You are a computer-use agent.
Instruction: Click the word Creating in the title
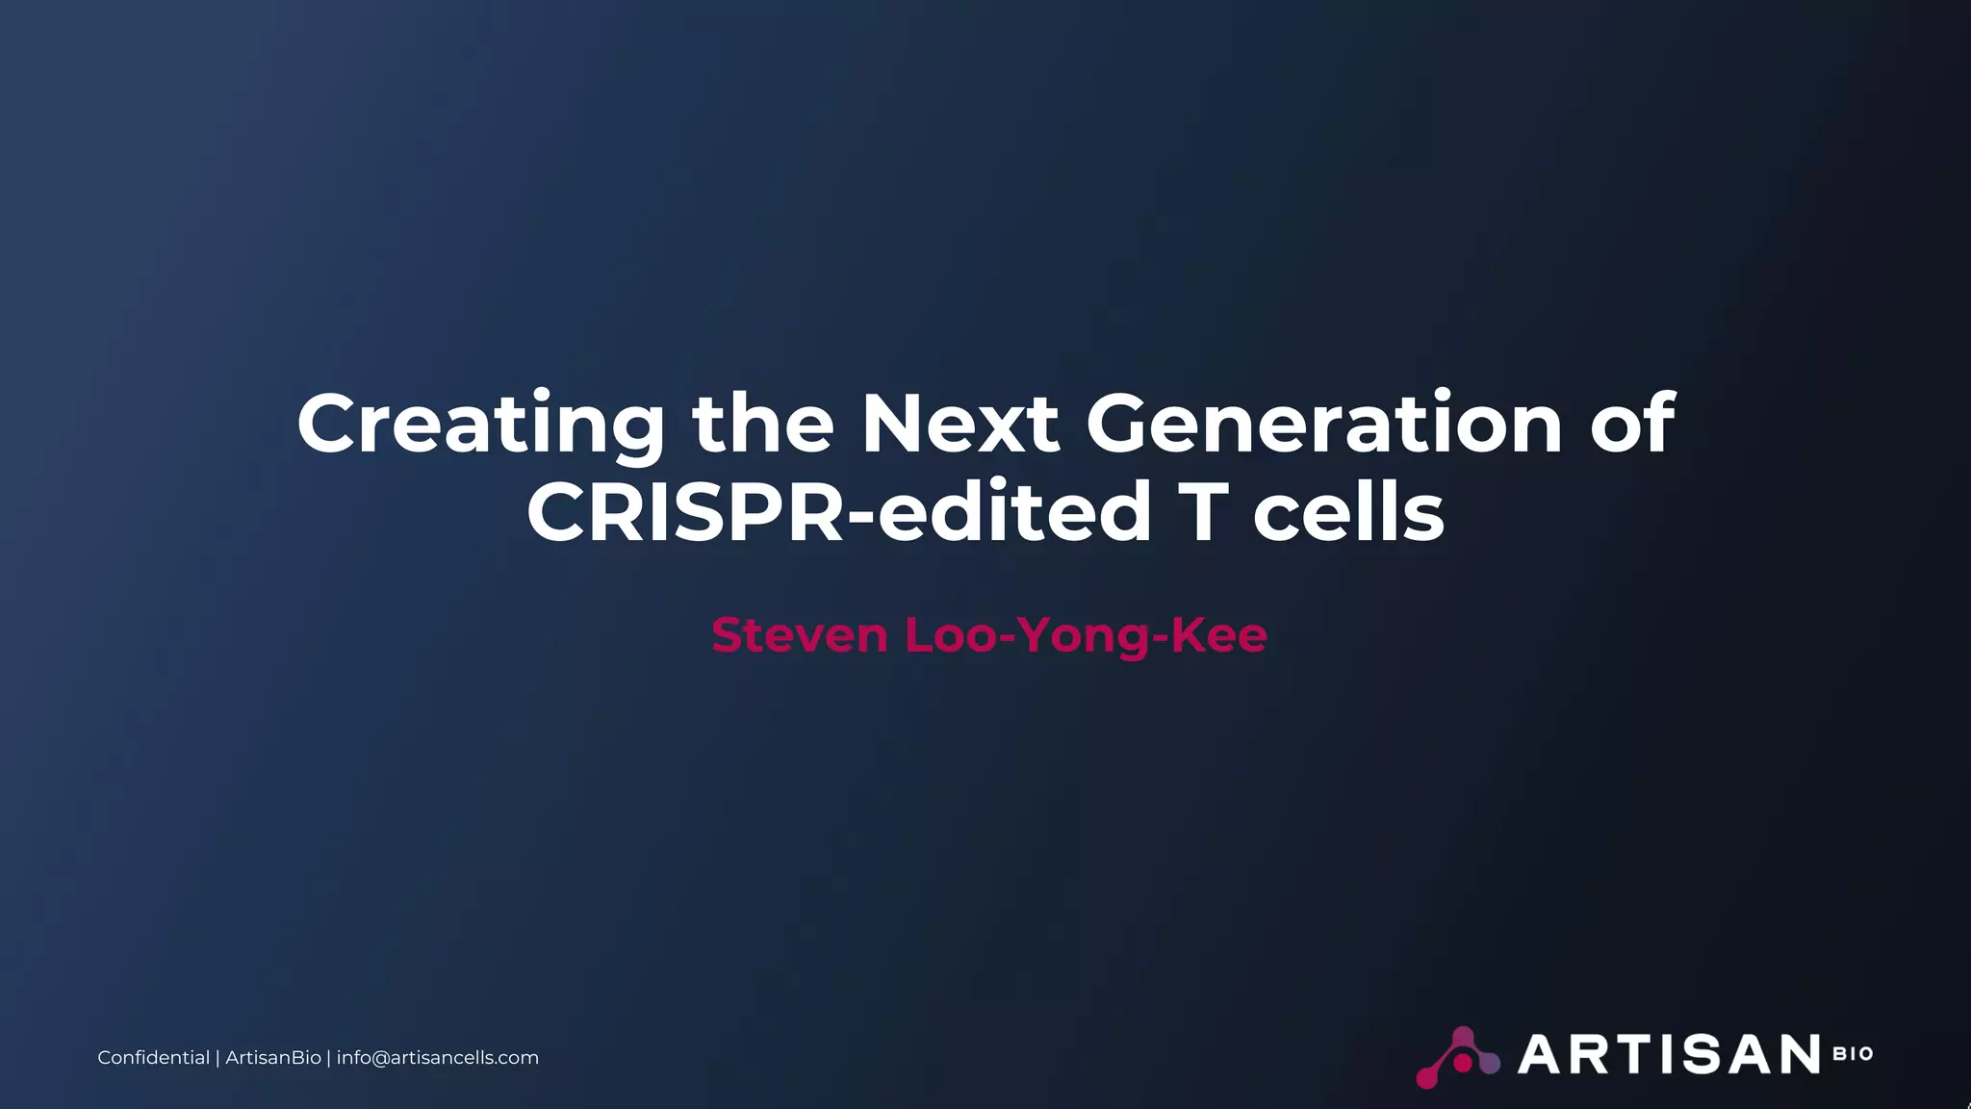tap(480, 425)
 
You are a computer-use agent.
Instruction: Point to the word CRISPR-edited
tap(838, 511)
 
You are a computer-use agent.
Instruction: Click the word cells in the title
tap(1348, 511)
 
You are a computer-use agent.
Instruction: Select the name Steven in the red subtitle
tap(799, 635)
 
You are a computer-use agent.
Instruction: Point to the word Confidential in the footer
tap(153, 1058)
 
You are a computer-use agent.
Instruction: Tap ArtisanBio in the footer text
tap(273, 1058)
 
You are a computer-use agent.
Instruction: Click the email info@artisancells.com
tap(437, 1058)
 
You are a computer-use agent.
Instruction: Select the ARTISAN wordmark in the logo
tap(1668, 1054)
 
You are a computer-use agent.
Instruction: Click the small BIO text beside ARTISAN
tap(1853, 1054)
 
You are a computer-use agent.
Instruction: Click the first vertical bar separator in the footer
tap(218, 1058)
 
